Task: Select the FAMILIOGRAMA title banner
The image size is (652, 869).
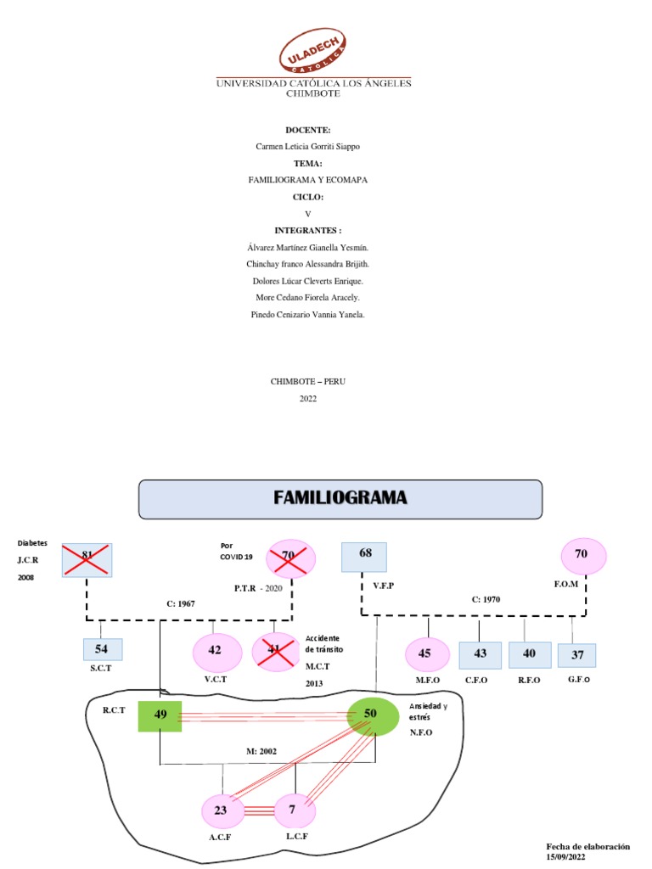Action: tap(340, 498)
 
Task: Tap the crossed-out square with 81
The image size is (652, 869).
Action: tap(87, 560)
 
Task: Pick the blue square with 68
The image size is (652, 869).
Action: tap(364, 557)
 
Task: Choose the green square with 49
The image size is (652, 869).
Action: tap(160, 715)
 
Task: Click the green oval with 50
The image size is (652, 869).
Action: tap(371, 715)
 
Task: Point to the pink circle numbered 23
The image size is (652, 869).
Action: tap(221, 810)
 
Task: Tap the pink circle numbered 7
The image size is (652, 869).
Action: tap(293, 810)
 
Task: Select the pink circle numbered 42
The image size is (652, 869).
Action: tap(216, 652)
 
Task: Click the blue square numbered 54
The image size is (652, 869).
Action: tap(103, 649)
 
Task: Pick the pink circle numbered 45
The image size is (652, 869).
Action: tap(426, 654)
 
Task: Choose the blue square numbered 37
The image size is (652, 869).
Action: tap(577, 655)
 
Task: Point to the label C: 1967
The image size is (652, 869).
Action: tap(180, 603)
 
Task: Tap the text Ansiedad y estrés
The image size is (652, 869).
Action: tap(429, 711)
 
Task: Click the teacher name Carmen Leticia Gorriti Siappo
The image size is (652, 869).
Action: tap(308, 146)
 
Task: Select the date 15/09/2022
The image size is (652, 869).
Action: tap(566, 858)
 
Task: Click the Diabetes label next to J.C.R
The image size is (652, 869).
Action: tap(32, 543)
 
